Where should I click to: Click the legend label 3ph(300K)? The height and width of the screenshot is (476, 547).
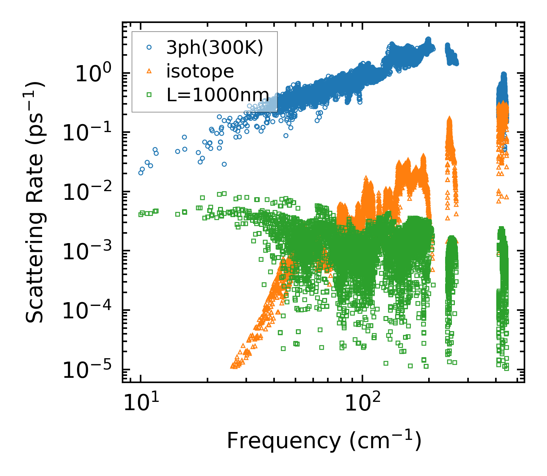(215, 48)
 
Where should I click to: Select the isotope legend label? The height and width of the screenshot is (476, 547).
(200, 71)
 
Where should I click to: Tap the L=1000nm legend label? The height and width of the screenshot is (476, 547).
(218, 95)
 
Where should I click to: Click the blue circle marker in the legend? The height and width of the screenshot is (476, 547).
(149, 48)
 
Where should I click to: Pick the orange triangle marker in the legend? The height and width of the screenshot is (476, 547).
(149, 71)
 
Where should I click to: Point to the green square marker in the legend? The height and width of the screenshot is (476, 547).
(149, 95)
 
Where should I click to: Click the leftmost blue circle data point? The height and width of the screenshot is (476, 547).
(141, 173)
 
